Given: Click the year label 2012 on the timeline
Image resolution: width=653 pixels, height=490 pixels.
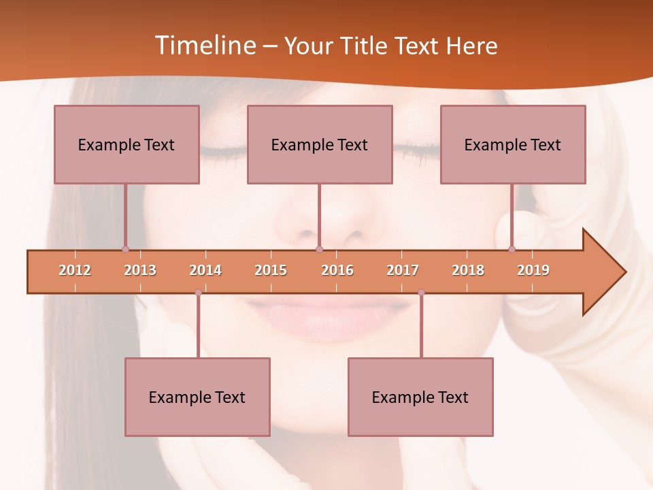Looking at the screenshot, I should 75,270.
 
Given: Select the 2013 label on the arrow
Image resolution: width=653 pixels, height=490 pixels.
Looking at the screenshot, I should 140,270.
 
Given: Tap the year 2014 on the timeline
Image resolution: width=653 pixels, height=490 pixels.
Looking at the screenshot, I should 205,270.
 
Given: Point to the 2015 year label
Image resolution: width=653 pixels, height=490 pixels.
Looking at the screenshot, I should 271,270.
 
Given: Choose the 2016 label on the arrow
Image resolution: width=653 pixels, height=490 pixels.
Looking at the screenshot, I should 337,270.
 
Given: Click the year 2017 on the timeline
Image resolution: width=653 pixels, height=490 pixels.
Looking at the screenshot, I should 403,270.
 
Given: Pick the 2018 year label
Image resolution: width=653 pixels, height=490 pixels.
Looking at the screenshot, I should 468,270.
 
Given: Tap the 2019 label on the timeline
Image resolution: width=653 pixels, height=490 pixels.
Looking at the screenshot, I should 533,270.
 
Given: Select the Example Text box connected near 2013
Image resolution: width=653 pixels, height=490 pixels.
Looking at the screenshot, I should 127,144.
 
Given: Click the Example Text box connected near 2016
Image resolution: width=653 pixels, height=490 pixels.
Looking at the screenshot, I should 320,144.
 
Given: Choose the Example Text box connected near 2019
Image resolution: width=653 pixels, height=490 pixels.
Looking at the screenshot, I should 513,144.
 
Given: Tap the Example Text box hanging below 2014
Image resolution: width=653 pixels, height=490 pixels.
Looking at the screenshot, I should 197,397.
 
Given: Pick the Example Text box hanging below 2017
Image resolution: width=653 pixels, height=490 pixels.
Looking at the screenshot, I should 420,397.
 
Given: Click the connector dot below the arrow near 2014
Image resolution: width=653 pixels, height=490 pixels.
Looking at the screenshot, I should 198,293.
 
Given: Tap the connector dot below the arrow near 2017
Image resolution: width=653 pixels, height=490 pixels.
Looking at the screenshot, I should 421,293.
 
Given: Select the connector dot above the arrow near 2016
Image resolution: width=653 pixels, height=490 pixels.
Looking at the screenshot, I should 319,249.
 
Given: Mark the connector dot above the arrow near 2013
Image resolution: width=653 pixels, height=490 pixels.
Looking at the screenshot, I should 125,249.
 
